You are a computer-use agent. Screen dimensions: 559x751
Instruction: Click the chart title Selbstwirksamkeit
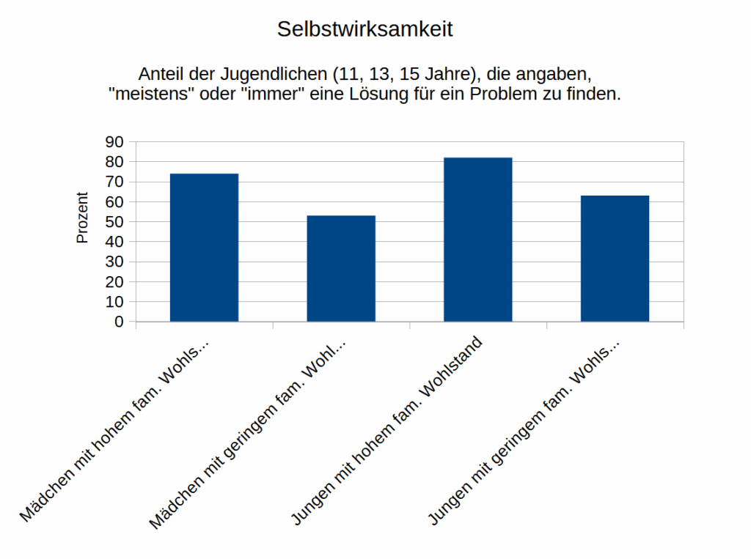click(x=364, y=29)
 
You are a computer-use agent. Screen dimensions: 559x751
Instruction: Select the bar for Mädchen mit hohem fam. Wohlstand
click(x=204, y=248)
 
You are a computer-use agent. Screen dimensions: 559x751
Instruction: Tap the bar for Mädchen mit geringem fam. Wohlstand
click(x=341, y=268)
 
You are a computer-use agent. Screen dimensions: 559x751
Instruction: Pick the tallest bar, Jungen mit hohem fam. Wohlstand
click(x=478, y=240)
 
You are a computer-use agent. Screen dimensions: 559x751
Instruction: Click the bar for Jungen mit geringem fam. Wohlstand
click(x=615, y=258)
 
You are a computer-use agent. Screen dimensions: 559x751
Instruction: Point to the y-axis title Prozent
click(x=83, y=218)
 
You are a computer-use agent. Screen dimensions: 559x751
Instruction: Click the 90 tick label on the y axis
click(x=116, y=142)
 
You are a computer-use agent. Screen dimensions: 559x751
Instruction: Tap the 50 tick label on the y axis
click(x=116, y=222)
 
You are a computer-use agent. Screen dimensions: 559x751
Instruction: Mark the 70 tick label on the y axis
click(x=116, y=182)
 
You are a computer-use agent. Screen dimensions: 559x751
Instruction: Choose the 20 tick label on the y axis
click(x=116, y=282)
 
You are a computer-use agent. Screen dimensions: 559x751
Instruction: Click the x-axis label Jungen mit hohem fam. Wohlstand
click(x=388, y=430)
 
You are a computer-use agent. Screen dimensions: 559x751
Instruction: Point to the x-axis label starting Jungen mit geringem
click(x=524, y=432)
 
